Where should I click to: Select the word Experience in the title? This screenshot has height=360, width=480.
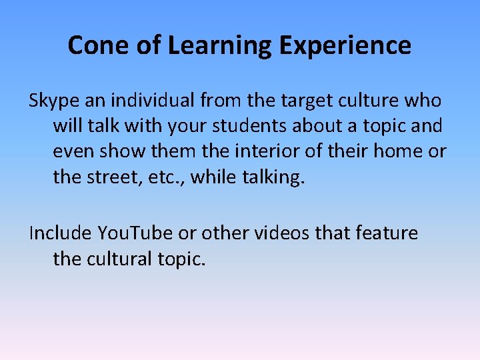345,45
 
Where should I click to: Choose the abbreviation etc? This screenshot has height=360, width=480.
163,177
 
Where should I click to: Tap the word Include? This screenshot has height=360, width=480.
60,233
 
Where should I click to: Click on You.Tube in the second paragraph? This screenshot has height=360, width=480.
136,233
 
